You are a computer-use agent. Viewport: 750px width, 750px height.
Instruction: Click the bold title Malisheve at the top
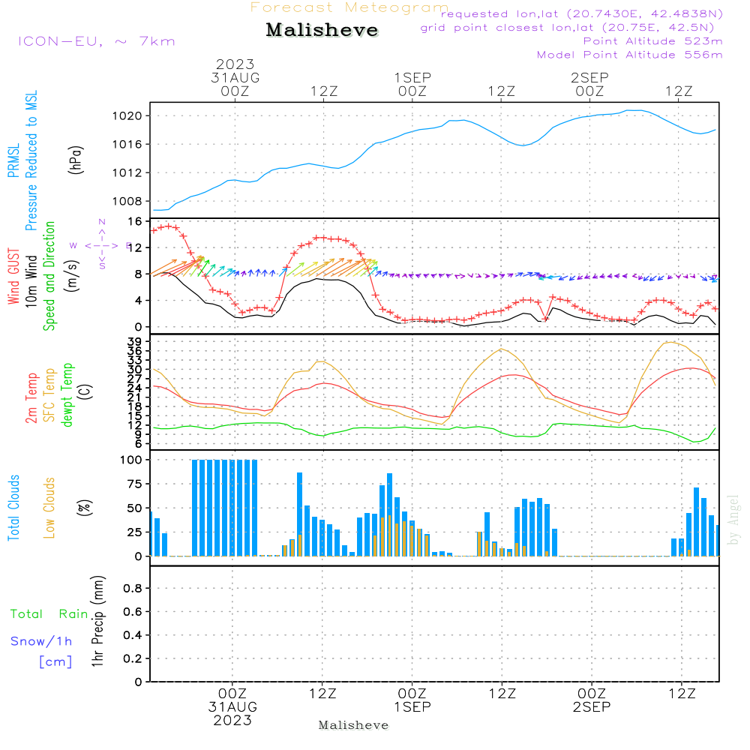tap(322, 31)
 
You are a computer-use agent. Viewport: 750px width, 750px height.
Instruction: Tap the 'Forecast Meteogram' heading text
tap(349, 7)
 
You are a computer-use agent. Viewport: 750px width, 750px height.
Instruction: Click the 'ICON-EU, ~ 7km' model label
tap(96, 41)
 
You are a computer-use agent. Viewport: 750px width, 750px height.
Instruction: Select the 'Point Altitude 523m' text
tap(652, 41)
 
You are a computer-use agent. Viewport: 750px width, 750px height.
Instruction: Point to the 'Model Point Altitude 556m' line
tap(630, 55)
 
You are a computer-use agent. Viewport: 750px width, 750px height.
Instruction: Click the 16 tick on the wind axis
tap(136, 222)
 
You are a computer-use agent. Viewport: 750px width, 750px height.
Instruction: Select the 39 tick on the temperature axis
tap(136, 342)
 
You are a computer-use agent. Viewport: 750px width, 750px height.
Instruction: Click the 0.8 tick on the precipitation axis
tap(133, 589)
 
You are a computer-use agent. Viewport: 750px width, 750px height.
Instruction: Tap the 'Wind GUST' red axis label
tap(14, 277)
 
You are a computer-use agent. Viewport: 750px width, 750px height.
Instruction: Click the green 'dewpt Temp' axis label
tap(68, 395)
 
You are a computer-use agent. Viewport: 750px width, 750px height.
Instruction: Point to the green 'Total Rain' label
tap(49, 614)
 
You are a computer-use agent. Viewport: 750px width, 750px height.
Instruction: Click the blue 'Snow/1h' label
tap(42, 641)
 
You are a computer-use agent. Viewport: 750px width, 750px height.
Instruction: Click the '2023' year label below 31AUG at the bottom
tap(232, 721)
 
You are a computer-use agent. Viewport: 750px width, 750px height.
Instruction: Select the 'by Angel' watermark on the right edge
tap(734, 519)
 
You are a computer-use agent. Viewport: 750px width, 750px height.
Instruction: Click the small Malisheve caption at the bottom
tap(354, 725)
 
